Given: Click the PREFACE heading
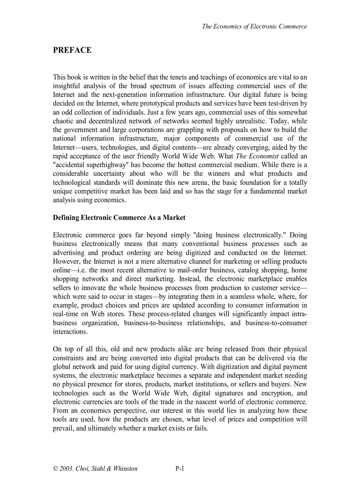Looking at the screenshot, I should pyautogui.click(x=72, y=50).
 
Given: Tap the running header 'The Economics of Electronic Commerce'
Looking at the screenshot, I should pyautogui.click(x=254, y=26).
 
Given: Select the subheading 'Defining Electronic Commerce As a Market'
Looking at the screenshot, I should pyautogui.click(x=119, y=217).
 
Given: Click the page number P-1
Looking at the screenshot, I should pyautogui.click(x=180, y=469).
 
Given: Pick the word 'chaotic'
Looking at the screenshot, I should pyautogui.click(x=64, y=121).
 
